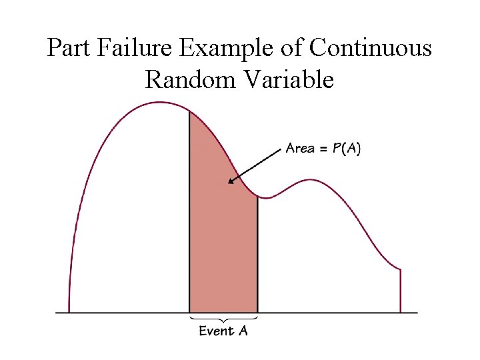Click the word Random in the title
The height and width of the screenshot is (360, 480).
pyautogui.click(x=190, y=80)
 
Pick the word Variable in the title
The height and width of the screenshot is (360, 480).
pyautogui.click(x=288, y=80)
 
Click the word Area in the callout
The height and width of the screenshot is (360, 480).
pyautogui.click(x=300, y=148)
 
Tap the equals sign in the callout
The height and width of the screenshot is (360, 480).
pyautogui.click(x=323, y=149)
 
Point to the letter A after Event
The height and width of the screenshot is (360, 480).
pyautogui.click(x=242, y=331)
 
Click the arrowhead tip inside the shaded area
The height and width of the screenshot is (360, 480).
pyautogui.click(x=229, y=181)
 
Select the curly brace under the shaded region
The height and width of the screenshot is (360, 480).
pyautogui.click(x=223, y=317)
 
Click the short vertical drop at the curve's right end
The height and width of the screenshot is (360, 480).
pyautogui.click(x=400, y=290)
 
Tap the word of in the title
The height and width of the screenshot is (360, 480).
pyautogui.click(x=297, y=48)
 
